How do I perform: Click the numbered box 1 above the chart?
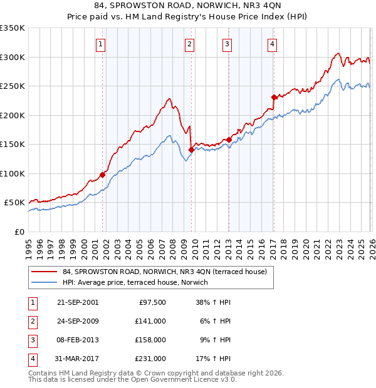[x=102, y=44]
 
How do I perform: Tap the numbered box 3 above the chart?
[x=227, y=44]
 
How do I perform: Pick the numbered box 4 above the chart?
[x=273, y=44]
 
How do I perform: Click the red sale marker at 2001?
[x=102, y=175]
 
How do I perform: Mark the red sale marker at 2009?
[x=191, y=150]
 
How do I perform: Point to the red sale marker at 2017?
[x=274, y=97]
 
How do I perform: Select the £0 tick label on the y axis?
[x=19, y=232]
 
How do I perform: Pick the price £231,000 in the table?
[x=150, y=359]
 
